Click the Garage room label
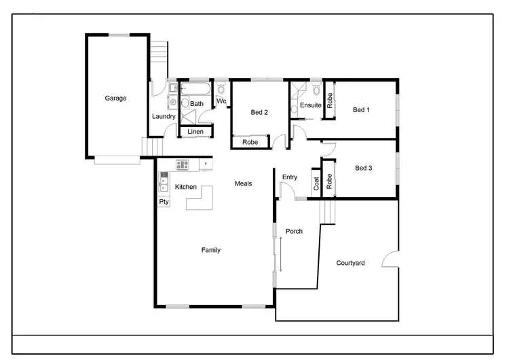tap(115, 98)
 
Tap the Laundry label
tap(164, 116)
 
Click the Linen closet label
tap(195, 131)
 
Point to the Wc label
tap(221, 102)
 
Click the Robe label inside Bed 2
tap(250, 143)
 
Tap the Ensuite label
tap(310, 105)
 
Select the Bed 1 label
tap(362, 110)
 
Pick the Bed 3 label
tap(364, 168)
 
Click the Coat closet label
tap(316, 183)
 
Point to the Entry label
tap(290, 177)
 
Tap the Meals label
tap(244, 183)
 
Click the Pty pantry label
tap(164, 202)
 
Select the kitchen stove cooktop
tap(183, 164)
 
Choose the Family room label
tap(211, 250)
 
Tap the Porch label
tap(294, 232)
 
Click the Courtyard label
tap(351, 263)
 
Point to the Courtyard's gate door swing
tap(390, 259)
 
